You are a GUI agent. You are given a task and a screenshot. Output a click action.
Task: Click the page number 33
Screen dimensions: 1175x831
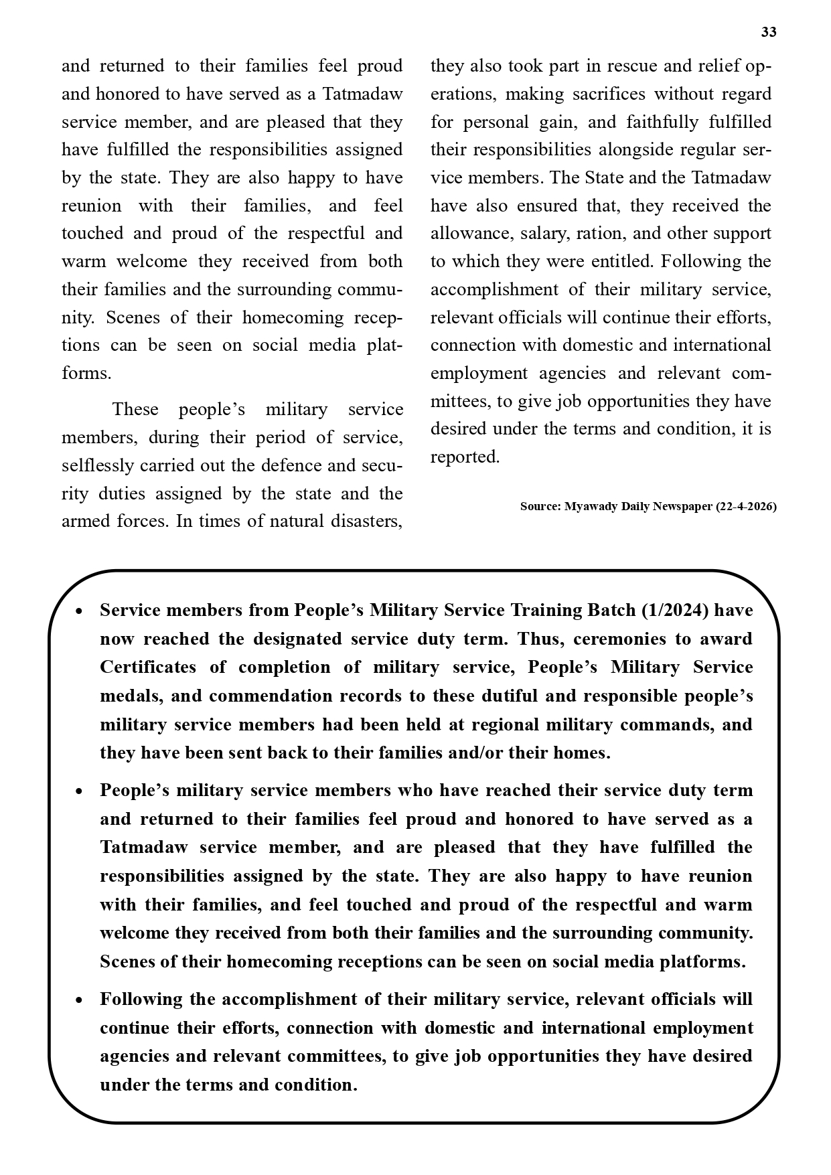pyautogui.click(x=769, y=32)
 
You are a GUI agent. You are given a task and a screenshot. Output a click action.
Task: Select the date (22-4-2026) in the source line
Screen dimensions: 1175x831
pyautogui.click(x=746, y=507)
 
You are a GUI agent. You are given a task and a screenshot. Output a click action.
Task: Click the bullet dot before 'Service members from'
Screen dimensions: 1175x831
pyautogui.click(x=80, y=611)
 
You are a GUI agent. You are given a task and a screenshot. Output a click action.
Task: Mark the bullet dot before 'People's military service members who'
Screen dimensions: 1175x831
pyautogui.click(x=80, y=791)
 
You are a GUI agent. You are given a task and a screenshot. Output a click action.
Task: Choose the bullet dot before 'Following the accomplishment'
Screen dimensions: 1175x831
pyautogui.click(x=80, y=1000)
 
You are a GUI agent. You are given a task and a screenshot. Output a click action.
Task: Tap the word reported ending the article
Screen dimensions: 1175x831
pyautogui.click(x=464, y=457)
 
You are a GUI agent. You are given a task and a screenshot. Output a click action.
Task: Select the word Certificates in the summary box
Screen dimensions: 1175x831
pyautogui.click(x=148, y=668)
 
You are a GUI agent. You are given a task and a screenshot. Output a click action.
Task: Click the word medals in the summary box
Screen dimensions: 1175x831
pyautogui.click(x=130, y=696)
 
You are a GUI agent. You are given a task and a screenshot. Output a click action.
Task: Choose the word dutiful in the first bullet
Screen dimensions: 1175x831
pyautogui.click(x=501, y=696)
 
